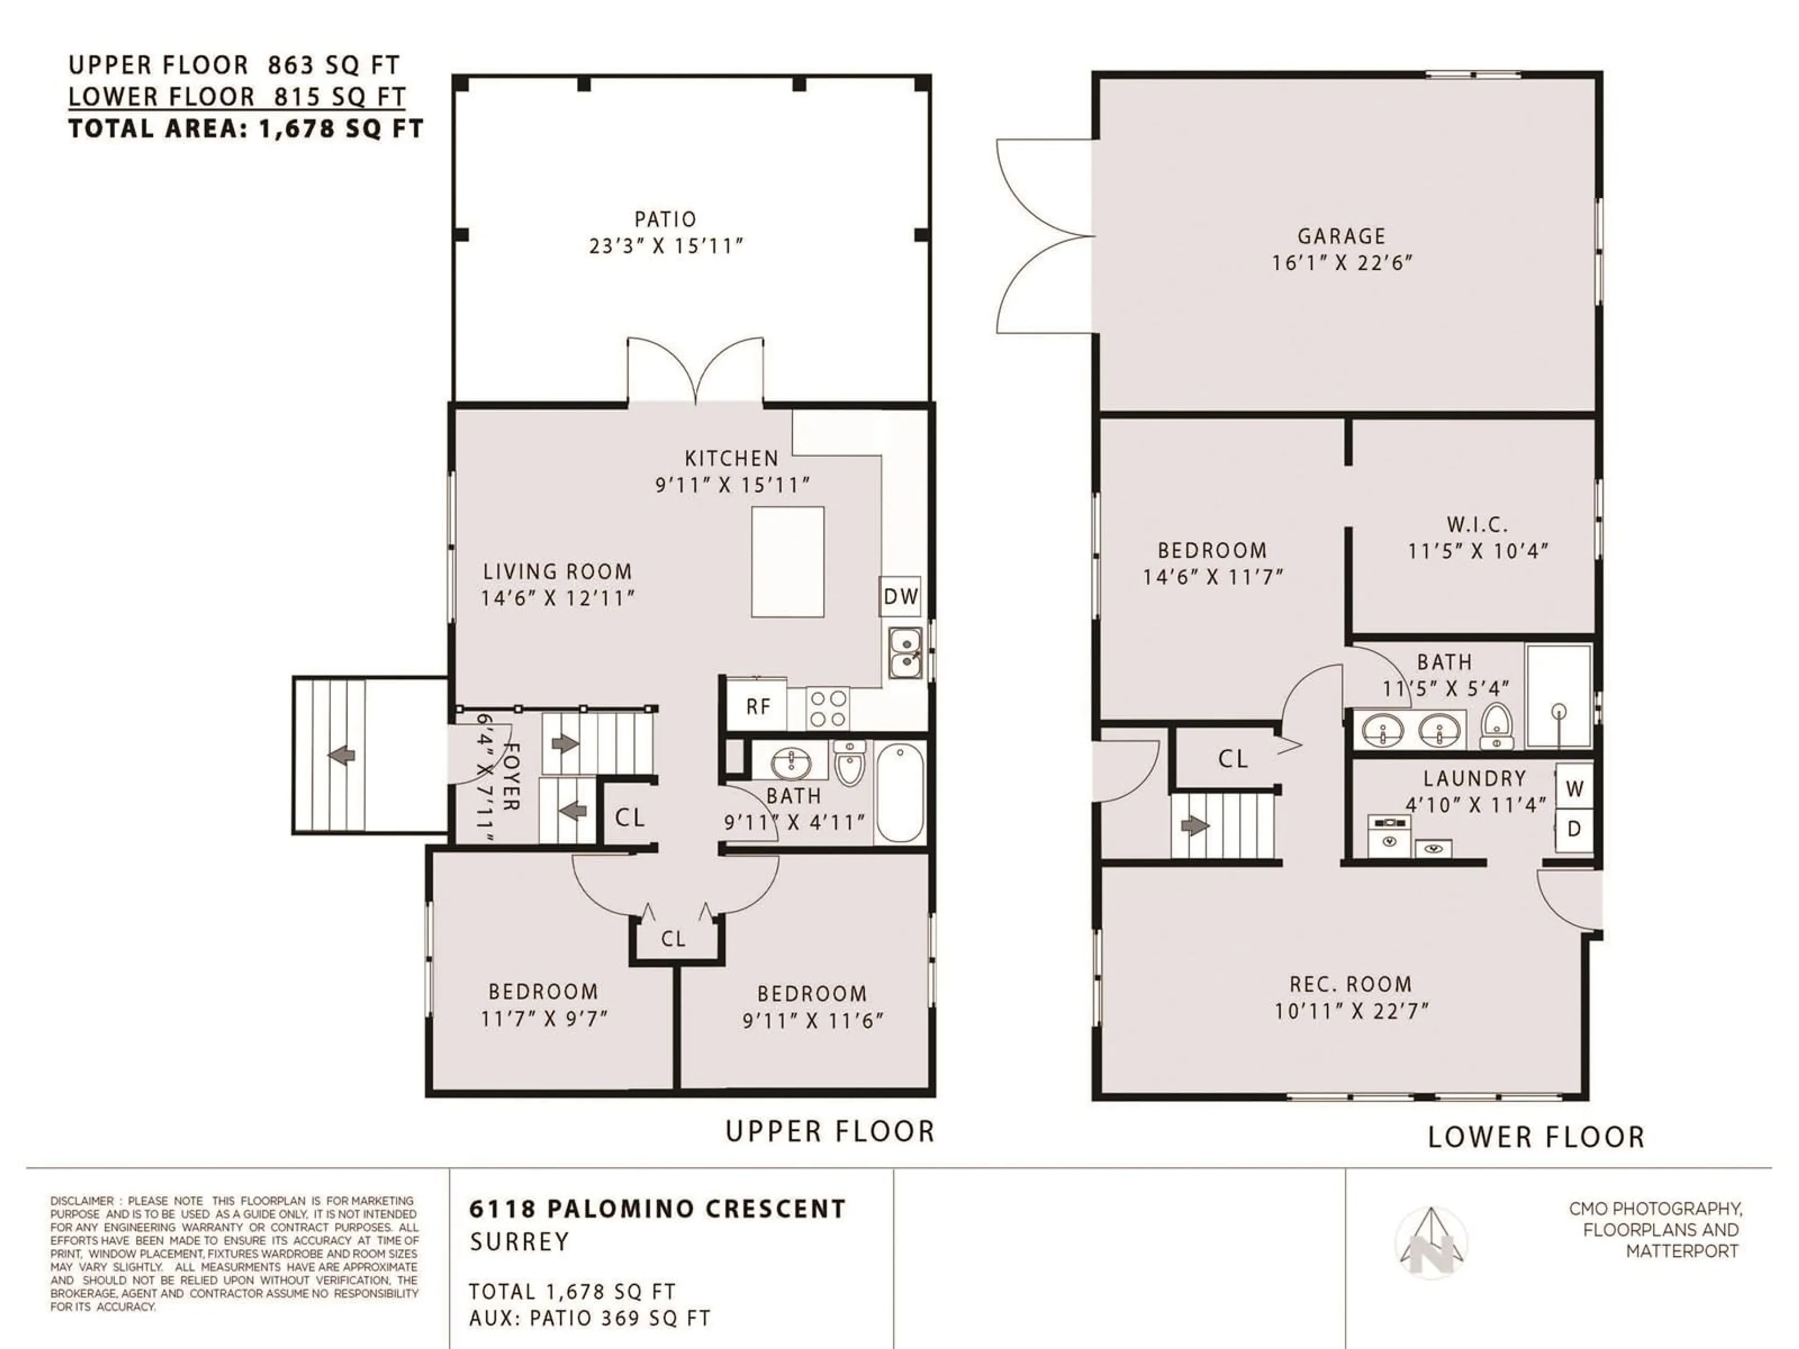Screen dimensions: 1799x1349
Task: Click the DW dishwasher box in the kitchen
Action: point(900,596)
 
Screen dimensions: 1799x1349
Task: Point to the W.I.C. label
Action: point(1477,525)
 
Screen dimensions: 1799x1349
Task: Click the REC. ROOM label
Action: point(1351,984)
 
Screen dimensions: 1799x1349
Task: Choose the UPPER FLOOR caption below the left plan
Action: point(830,1131)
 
